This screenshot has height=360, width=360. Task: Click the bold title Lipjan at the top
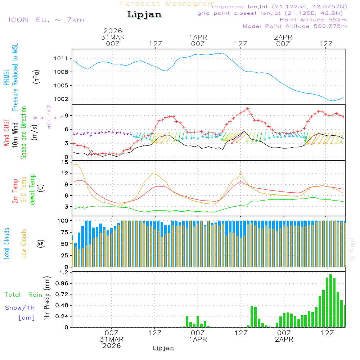point(144,15)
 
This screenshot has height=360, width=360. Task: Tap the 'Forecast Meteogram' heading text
point(168,4)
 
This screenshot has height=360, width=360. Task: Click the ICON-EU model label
point(46,19)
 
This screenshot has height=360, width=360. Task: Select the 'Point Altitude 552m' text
point(313,19)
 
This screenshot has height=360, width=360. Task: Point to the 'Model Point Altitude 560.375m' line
point(295,26)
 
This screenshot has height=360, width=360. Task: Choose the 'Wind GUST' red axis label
point(6,133)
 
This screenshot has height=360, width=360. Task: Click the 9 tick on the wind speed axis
point(67,115)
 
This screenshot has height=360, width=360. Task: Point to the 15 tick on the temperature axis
point(65,162)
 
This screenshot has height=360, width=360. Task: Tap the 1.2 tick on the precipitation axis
point(63,272)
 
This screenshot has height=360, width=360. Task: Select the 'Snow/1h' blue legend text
point(20,308)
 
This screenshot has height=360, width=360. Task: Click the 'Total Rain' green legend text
point(24,294)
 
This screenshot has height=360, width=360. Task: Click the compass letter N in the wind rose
point(49,107)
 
